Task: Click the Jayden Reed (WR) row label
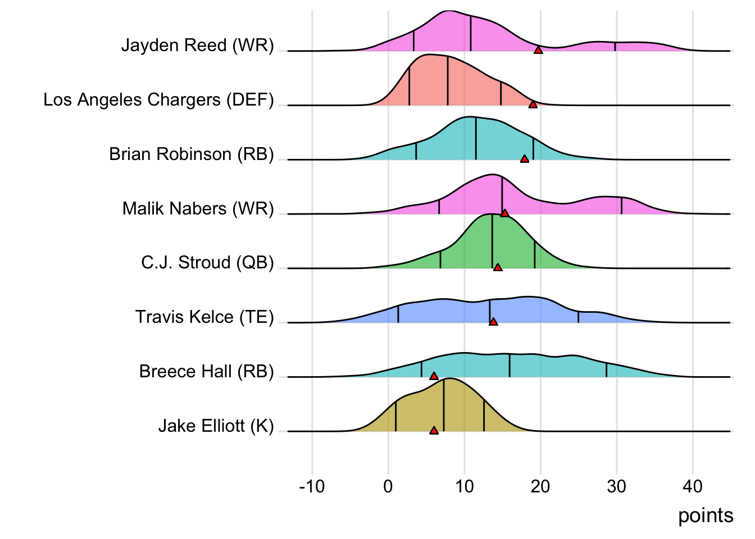click(197, 45)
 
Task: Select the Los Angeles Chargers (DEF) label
click(158, 100)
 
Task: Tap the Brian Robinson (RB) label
click(191, 154)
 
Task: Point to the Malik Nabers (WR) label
click(198, 209)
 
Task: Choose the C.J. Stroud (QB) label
click(207, 263)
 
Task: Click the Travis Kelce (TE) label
click(204, 317)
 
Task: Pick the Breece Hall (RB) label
click(206, 372)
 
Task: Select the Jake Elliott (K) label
click(216, 426)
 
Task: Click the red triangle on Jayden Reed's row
click(538, 51)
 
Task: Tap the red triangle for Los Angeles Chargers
click(533, 105)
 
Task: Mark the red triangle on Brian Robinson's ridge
click(525, 159)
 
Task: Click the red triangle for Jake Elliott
click(434, 431)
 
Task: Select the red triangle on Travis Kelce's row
click(493, 322)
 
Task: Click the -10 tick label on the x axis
click(312, 486)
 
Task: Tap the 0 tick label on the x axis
click(388, 486)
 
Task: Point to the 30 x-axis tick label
click(616, 486)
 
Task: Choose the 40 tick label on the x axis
click(693, 486)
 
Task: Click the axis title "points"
click(706, 516)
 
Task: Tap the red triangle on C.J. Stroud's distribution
click(498, 267)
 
